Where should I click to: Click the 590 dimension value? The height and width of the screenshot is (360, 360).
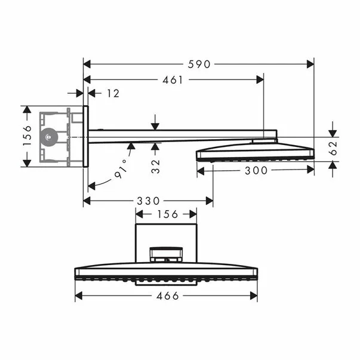click(199, 64)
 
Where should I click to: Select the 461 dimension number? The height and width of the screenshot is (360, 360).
click(173, 80)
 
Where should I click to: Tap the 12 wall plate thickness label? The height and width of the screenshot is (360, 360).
click(113, 94)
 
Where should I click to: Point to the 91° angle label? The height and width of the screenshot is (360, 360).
click(121, 169)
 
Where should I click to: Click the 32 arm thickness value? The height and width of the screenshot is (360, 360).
click(155, 166)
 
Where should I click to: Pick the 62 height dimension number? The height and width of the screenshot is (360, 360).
click(333, 148)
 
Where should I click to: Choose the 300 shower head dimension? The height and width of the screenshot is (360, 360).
click(256, 171)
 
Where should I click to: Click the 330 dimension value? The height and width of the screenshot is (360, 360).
click(148, 201)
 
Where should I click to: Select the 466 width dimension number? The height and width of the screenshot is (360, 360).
click(168, 296)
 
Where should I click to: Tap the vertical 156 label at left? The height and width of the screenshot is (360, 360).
click(27, 136)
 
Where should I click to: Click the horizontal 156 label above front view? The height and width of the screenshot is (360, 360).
click(167, 214)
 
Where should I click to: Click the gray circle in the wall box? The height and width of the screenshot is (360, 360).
click(49, 137)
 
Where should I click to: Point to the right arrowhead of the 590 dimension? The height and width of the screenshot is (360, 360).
click(310, 64)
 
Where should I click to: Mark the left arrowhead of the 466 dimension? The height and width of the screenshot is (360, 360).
click(79, 296)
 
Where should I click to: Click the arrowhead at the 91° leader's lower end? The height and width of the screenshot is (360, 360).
click(91, 186)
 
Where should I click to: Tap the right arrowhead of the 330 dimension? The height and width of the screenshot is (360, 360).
click(210, 201)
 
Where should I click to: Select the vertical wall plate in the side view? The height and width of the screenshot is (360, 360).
click(85, 136)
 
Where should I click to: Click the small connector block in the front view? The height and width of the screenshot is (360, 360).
click(166, 254)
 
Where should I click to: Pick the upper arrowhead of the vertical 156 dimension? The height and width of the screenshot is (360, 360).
click(27, 109)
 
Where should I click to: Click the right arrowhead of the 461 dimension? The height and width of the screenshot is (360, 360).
click(260, 80)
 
